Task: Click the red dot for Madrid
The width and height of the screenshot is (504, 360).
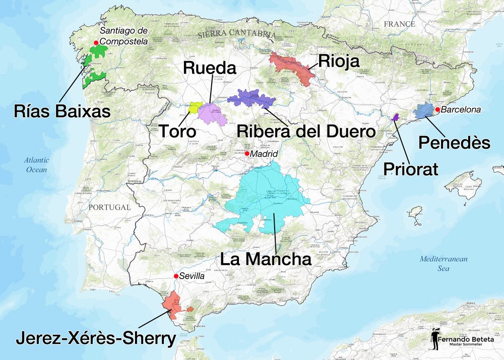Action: tap(247, 153)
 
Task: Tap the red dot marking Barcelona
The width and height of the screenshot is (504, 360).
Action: tap(437, 109)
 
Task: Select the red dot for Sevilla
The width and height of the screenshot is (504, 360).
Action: tap(176, 276)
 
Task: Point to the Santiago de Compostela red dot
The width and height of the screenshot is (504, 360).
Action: tap(96, 43)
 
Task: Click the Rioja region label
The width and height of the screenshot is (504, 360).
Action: tap(339, 62)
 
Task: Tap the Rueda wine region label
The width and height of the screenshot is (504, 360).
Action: tap(209, 68)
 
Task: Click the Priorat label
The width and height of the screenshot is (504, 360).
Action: tap(410, 168)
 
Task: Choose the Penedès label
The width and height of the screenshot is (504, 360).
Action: tap(455, 143)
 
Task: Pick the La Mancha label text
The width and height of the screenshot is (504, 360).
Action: tap(267, 259)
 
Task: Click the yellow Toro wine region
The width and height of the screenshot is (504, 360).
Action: tap(195, 107)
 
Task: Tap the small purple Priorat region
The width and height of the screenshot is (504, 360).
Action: tap(396, 117)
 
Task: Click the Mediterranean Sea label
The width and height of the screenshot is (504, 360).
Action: tap(444, 264)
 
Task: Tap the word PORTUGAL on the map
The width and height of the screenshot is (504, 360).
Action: tap(109, 207)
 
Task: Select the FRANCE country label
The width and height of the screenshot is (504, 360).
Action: tap(399, 24)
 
